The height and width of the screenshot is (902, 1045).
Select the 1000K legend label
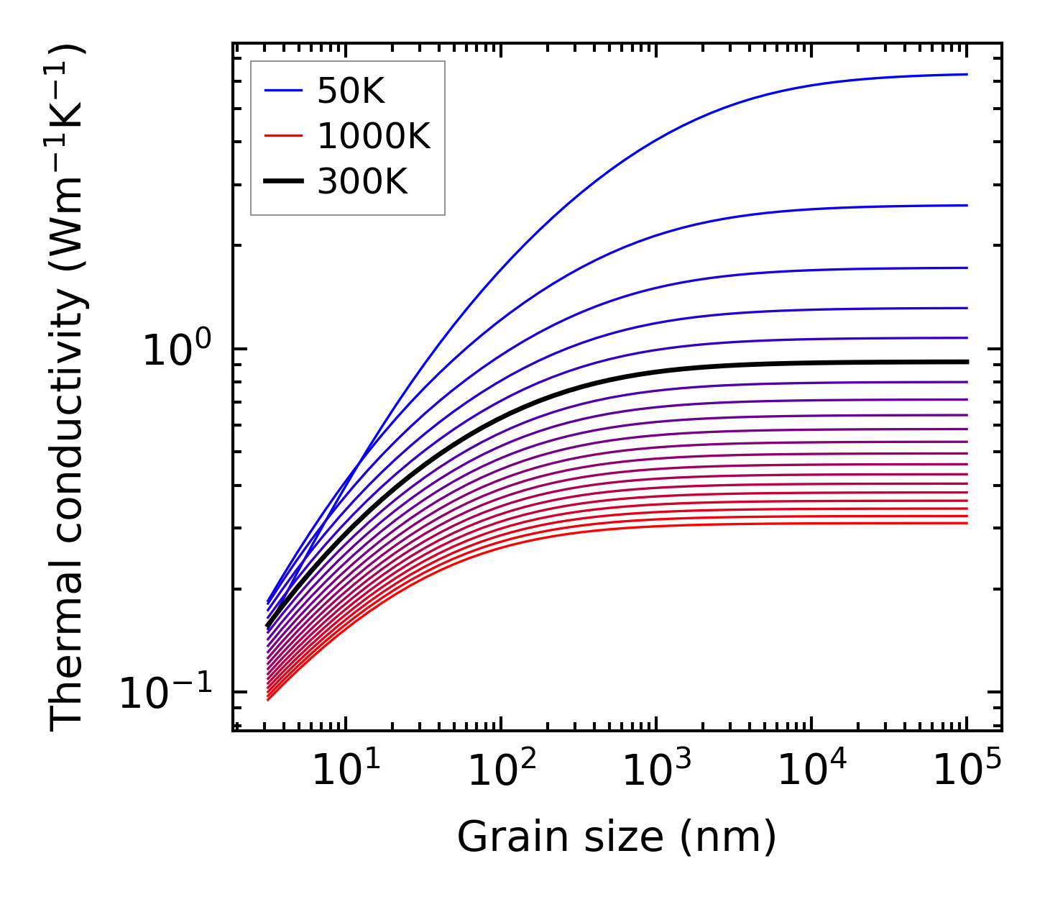coord(374,136)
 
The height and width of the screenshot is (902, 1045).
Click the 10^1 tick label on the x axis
coord(346,773)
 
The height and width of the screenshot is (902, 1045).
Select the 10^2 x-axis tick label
coord(501,773)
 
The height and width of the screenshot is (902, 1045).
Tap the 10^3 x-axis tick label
coord(656,773)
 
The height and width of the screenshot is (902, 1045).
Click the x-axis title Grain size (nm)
coord(617,837)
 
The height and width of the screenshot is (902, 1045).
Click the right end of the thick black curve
coord(967,362)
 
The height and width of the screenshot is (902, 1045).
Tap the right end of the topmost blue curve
coord(967,74)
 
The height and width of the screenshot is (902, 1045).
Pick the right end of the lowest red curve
coord(967,523)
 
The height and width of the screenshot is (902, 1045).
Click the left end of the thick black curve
coord(268,626)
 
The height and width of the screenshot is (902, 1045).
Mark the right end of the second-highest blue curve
coord(967,205)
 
